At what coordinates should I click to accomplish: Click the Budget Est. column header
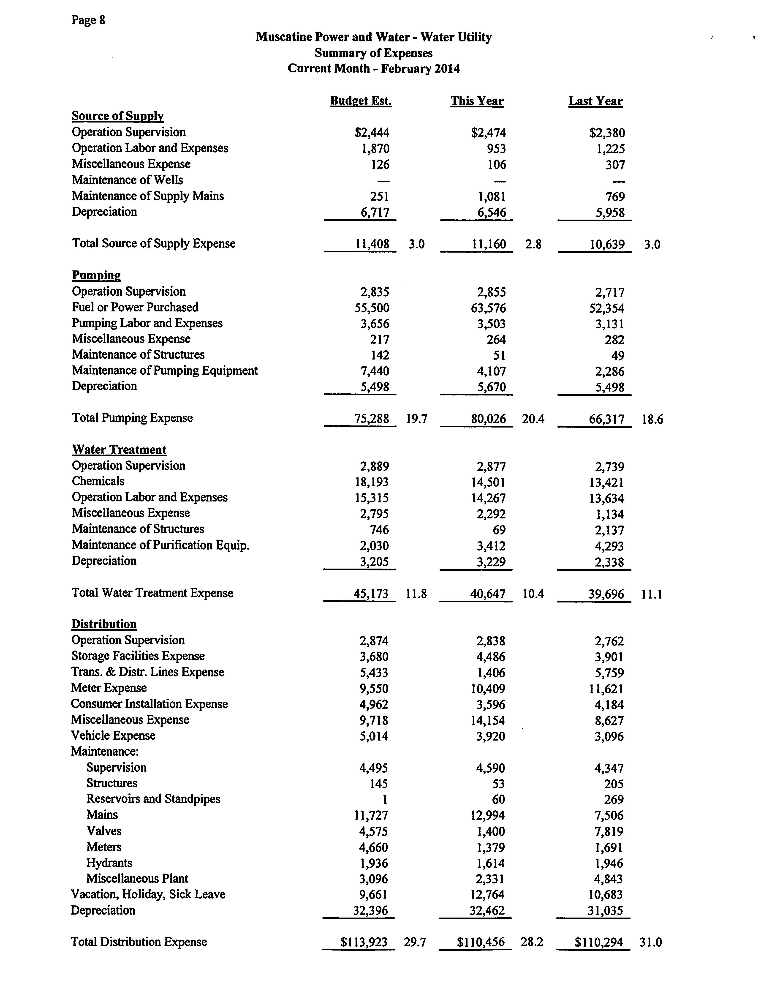361,101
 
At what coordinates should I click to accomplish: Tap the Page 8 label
88,20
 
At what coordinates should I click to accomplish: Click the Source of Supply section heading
118,116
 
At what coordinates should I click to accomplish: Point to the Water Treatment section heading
119,450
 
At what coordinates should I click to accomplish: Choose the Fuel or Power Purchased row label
135,307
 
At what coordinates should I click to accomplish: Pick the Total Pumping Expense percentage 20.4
533,419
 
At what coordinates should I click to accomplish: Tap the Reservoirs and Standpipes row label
153,799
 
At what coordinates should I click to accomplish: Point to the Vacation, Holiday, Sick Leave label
148,894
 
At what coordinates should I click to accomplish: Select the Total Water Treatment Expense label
152,593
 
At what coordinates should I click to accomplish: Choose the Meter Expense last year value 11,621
606,689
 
